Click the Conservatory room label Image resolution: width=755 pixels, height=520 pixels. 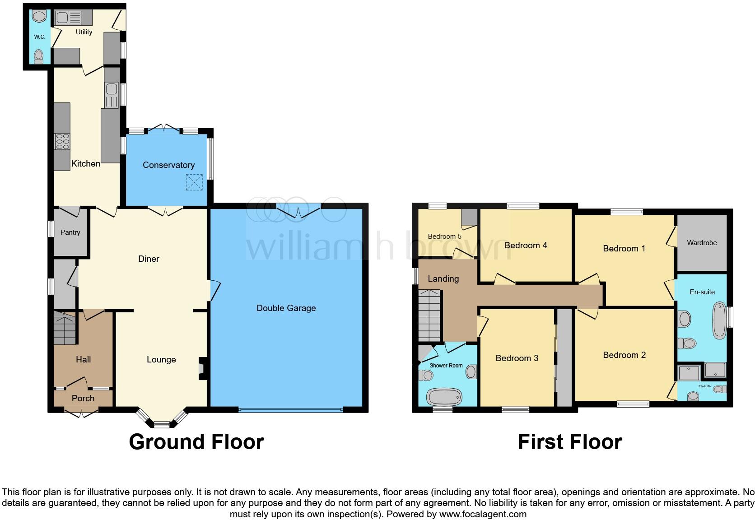pos(168,165)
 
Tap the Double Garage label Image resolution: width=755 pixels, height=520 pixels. pos(286,308)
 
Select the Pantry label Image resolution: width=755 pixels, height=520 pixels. pos(70,232)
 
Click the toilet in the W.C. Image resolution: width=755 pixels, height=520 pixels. pos(39,56)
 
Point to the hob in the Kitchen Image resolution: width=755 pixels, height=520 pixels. pos(62,141)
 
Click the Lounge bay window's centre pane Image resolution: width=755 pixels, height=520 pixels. pos(162,424)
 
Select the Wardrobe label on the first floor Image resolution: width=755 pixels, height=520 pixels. pos(702,243)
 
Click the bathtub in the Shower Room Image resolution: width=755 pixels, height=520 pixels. pos(445,398)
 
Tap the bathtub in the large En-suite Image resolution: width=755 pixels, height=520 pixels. pos(718,321)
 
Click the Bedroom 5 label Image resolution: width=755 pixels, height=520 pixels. pos(445,237)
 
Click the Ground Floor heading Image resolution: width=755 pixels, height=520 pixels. pos(196,442)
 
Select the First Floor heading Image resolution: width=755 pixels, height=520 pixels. pos(570,442)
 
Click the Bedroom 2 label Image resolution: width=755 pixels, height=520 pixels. pos(624,355)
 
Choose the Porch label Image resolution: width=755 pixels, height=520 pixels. pos(83,398)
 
